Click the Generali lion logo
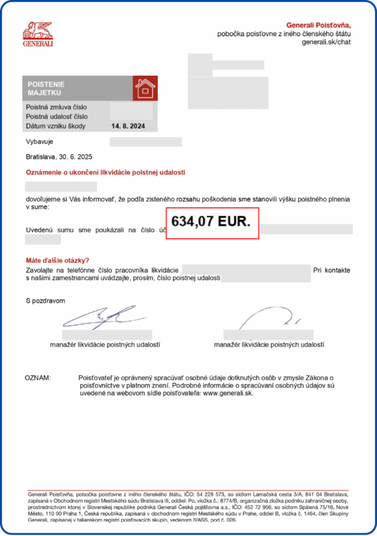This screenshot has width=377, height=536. [38, 33]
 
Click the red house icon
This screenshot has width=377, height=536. [145, 88]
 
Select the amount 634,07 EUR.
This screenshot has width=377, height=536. [211, 222]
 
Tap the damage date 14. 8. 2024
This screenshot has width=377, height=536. [128, 126]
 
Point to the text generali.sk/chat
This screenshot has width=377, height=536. [326, 42]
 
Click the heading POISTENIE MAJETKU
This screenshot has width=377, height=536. [46, 88]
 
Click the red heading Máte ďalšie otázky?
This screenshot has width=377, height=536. [58, 260]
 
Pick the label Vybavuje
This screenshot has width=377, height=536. [39, 141]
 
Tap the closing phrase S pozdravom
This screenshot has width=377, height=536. [45, 300]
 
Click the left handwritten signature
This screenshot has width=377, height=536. [105, 317]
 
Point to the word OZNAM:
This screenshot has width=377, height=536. [38, 378]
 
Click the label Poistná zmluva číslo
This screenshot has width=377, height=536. [56, 107]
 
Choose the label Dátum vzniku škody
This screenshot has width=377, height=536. [55, 126]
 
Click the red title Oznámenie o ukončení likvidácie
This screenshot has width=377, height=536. [105, 172]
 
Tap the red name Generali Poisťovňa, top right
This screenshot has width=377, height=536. [318, 25]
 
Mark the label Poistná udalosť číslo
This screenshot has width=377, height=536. [56, 117]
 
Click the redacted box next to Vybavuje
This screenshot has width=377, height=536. [145, 141]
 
